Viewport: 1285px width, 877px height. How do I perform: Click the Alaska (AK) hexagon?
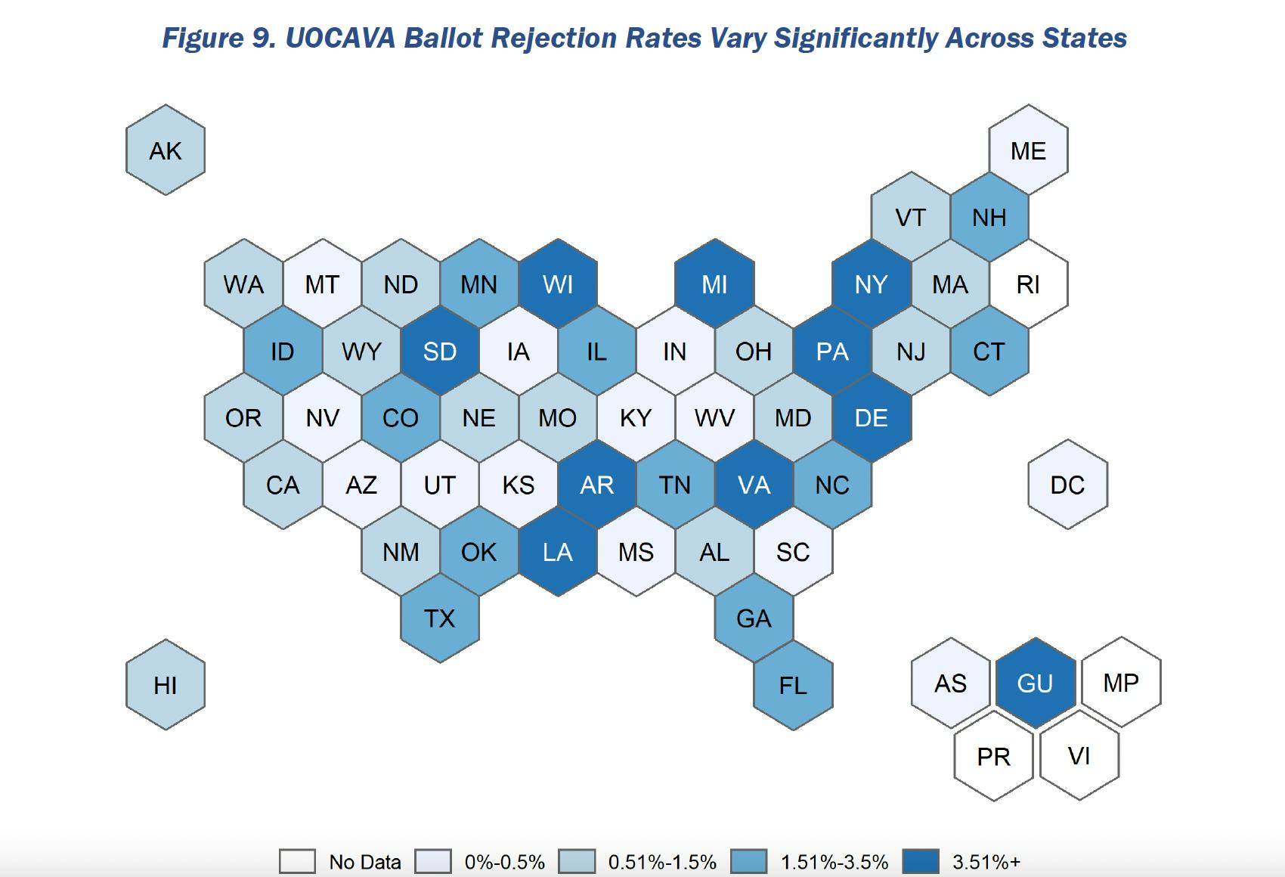166,150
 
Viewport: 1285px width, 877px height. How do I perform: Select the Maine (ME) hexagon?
1028,150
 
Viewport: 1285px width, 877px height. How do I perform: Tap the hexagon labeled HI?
166,685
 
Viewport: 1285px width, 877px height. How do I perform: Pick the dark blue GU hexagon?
1035,683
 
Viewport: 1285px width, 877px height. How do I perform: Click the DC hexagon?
1067,485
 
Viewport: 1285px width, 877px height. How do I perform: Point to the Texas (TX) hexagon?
440,618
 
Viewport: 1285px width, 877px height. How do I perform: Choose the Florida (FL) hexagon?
793,685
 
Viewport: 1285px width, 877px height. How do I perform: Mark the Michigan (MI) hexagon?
714,284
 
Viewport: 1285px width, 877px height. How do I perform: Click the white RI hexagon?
1028,284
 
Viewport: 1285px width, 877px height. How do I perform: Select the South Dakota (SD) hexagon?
440,352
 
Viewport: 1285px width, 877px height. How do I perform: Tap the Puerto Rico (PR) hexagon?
993,756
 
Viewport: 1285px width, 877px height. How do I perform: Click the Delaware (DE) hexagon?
872,418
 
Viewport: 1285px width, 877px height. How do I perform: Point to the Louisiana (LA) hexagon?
558,552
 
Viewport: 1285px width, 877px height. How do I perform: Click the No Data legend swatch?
297,862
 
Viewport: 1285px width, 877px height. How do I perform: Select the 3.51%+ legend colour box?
921,862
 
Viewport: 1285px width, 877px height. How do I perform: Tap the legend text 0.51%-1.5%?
662,862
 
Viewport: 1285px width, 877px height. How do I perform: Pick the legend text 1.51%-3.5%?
834,862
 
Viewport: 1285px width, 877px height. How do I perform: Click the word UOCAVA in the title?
340,38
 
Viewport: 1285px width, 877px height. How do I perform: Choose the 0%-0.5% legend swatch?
433,862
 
